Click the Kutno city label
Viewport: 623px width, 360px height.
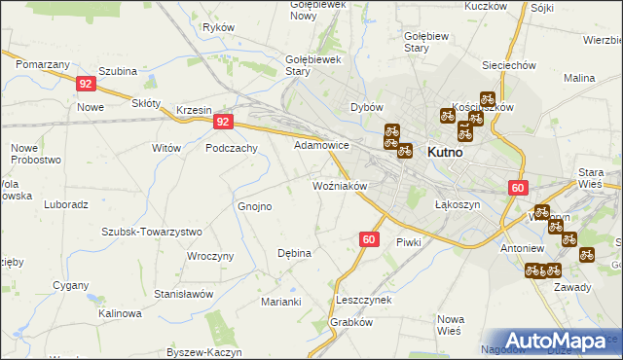click(x=443, y=153)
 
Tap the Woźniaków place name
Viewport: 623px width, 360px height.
click(x=339, y=185)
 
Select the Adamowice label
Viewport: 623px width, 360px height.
click(x=322, y=144)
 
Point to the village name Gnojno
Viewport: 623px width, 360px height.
click(x=255, y=206)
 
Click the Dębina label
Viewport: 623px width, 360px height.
click(x=294, y=253)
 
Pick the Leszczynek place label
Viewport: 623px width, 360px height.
click(x=363, y=300)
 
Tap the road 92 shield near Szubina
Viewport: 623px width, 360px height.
click(x=86, y=83)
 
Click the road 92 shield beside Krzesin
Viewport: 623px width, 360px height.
click(x=224, y=122)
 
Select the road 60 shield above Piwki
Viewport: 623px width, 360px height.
click(x=369, y=238)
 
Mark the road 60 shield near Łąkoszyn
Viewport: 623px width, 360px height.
click(x=517, y=188)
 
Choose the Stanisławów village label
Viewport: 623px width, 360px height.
click(x=183, y=293)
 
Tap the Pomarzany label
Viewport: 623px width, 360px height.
click(x=43, y=63)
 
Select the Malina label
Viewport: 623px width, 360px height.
click(x=579, y=77)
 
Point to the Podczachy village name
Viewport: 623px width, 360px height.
click(x=231, y=148)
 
